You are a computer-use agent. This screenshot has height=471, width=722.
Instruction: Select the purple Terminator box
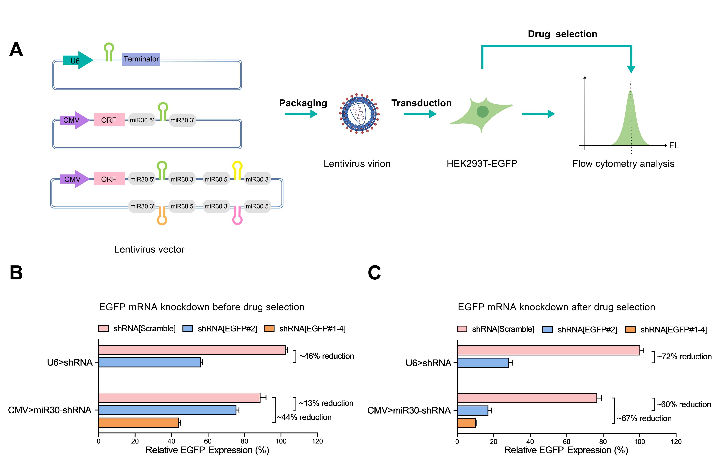pyautogui.click(x=141, y=59)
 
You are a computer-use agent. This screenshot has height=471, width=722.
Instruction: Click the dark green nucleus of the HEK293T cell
pyautogui.click(x=482, y=111)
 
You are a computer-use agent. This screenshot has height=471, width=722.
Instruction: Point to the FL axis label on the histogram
pyautogui.click(x=673, y=146)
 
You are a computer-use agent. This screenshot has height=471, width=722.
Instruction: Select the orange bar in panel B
pyautogui.click(x=139, y=422)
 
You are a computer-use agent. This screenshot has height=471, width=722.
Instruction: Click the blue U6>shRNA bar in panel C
pyautogui.click(x=482, y=363)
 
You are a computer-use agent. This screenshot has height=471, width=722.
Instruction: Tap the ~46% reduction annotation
pyautogui.click(x=326, y=356)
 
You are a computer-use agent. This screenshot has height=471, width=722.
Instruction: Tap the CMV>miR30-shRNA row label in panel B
pyautogui.click(x=49, y=410)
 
